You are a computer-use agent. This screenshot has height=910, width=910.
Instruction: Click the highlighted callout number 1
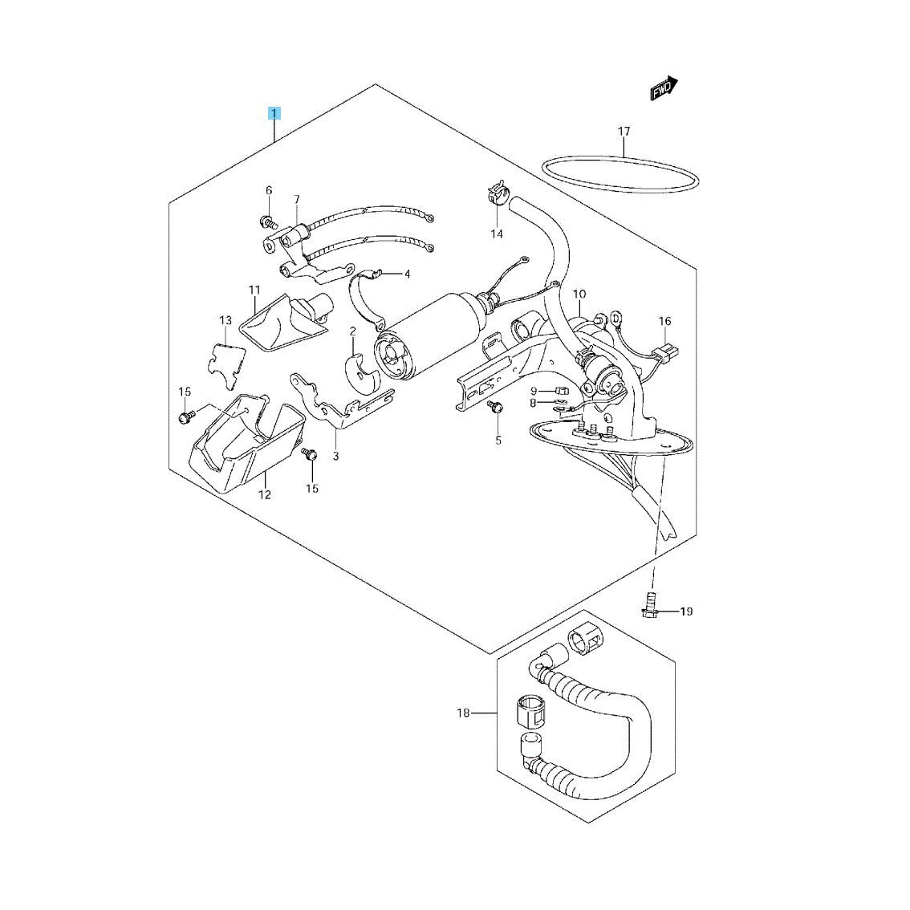tap(274, 112)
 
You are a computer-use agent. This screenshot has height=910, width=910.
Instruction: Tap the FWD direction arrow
tap(664, 89)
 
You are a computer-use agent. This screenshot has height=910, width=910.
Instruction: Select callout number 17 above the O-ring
tap(624, 132)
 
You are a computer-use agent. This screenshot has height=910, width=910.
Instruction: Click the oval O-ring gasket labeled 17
tap(619, 174)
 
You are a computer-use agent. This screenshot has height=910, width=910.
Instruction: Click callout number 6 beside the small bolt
tap(269, 190)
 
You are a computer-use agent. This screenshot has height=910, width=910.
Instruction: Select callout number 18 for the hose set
tap(462, 713)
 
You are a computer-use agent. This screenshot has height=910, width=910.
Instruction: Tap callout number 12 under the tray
tap(265, 494)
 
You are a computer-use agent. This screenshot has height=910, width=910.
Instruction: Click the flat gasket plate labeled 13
tap(225, 359)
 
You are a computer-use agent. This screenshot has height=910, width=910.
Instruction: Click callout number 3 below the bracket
tap(335, 457)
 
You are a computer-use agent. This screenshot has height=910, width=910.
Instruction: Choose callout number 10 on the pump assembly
tap(579, 295)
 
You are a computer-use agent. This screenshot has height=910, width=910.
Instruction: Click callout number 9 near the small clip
tap(533, 391)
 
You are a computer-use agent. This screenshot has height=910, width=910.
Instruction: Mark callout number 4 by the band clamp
tap(407, 274)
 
